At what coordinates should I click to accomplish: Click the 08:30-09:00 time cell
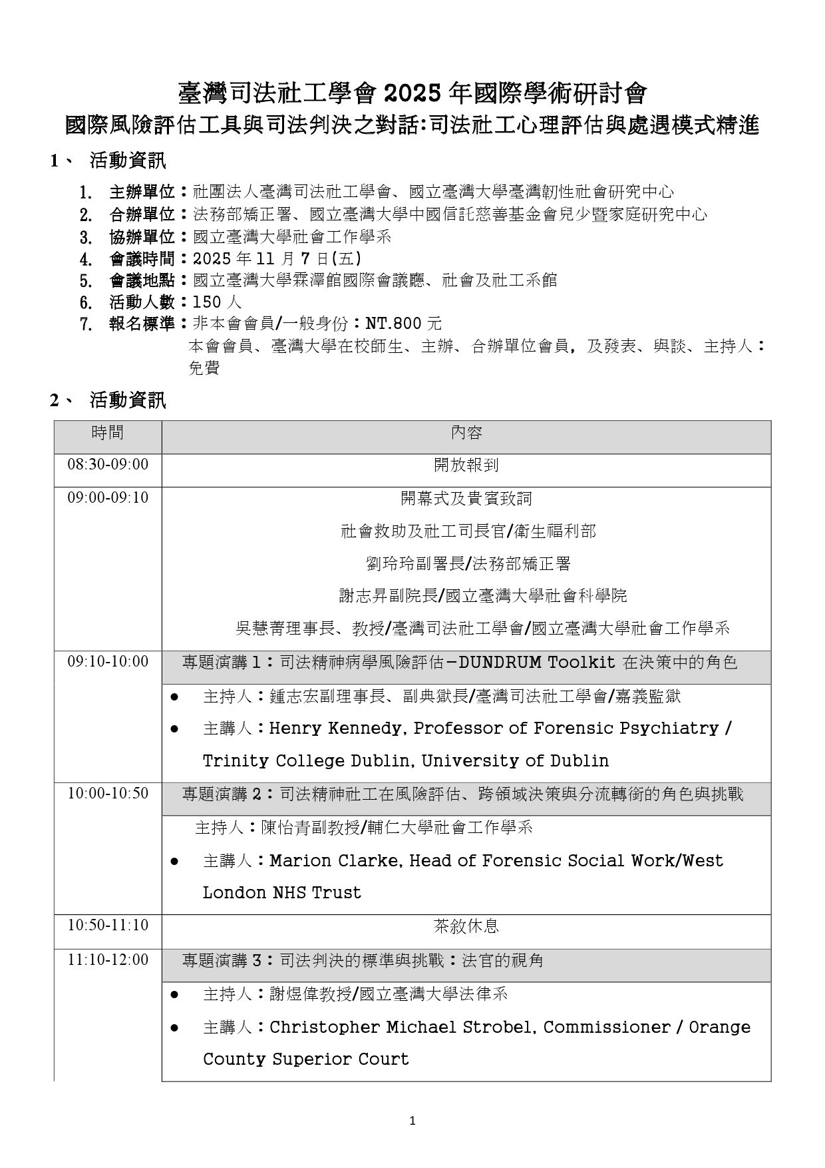108,464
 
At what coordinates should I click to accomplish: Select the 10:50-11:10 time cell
108,925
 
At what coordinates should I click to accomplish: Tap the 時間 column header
108,433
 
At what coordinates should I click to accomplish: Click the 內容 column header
466,433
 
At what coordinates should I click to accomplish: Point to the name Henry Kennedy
335,729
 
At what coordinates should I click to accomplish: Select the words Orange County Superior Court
476,1043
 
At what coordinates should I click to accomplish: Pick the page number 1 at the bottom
412,1121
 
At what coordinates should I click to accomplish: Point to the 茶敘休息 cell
466,926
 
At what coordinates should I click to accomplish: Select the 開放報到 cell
466,465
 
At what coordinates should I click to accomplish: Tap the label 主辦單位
142,192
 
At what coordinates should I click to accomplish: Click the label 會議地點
142,280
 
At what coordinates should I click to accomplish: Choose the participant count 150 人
217,302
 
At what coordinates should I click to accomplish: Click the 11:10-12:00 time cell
108,960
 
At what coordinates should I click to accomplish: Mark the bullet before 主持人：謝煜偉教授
175,995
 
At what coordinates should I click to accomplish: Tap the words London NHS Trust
282,893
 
